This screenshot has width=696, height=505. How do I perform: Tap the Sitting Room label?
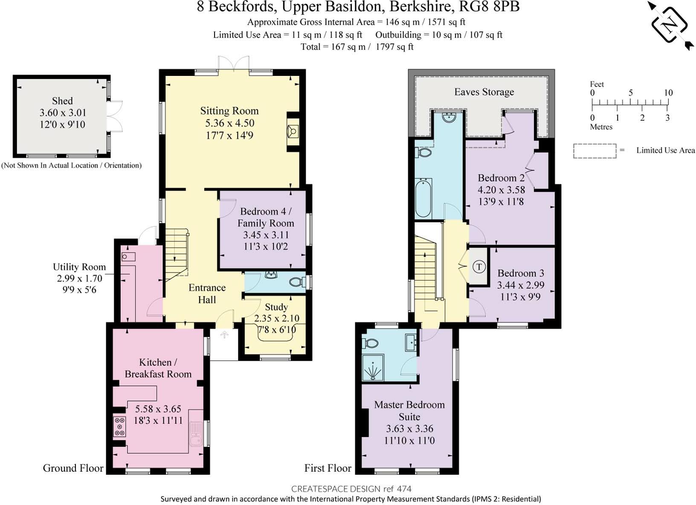tap(229, 111)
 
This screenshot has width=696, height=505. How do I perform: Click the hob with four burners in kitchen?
tap(120, 427)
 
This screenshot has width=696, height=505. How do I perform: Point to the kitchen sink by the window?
tap(196, 433)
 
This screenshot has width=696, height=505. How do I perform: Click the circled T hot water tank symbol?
tap(479, 267)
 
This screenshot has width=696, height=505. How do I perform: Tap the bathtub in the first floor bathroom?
tap(423, 198)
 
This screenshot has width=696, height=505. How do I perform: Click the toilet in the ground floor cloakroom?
tap(296, 282)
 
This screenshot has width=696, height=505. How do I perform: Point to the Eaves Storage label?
tap(484, 92)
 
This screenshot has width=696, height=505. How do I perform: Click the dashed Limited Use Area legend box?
tap(594, 151)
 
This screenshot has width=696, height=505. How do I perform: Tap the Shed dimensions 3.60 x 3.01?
tap(63, 113)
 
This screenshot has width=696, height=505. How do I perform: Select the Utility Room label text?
tap(79, 267)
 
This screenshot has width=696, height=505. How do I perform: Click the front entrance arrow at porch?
tap(224, 335)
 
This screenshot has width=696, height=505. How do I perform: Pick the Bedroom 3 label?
tap(520, 273)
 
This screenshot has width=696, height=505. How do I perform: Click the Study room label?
tap(276, 307)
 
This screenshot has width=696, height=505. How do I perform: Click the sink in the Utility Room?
tap(128, 256)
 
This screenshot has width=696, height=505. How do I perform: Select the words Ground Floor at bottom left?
tap(73, 468)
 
